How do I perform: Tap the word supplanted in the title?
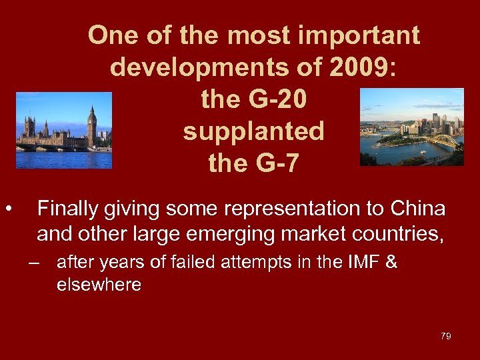[x=253, y=131]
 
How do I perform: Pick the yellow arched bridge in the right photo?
[x=445, y=142]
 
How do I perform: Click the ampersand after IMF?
[x=392, y=262]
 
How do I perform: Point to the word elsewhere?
[x=99, y=285]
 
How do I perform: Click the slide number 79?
[x=445, y=336]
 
